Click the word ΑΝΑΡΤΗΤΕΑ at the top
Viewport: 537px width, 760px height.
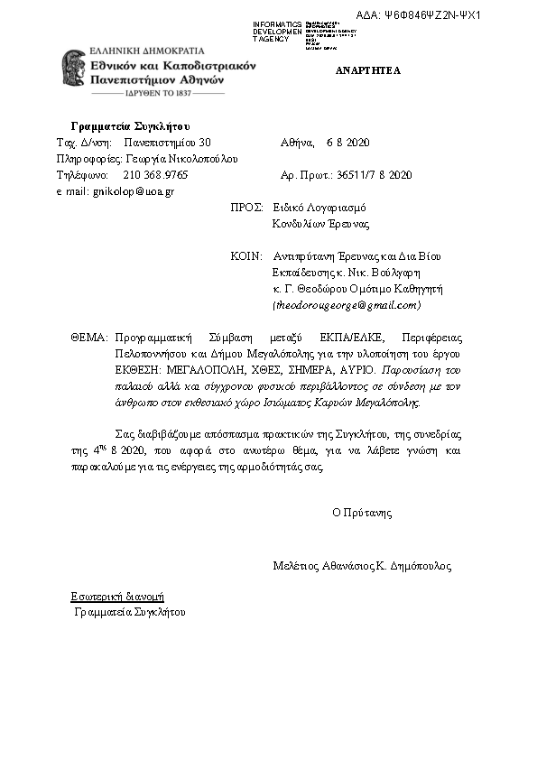pos(367,70)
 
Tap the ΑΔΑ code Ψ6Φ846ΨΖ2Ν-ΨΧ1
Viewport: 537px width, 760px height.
pos(431,16)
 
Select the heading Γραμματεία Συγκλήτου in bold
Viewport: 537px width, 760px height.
pos(130,125)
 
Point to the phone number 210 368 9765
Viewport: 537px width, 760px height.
pos(155,175)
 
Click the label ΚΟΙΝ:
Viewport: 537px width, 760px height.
pos(246,256)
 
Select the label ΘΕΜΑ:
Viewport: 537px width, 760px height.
pos(89,337)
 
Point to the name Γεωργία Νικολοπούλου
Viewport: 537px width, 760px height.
pos(181,159)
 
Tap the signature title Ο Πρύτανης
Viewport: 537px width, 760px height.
pos(362,512)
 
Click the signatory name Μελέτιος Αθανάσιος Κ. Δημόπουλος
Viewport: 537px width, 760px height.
pos(362,567)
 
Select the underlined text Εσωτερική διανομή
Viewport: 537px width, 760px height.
pos(117,597)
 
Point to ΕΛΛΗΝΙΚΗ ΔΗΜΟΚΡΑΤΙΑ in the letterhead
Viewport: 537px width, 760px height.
pos(147,51)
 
